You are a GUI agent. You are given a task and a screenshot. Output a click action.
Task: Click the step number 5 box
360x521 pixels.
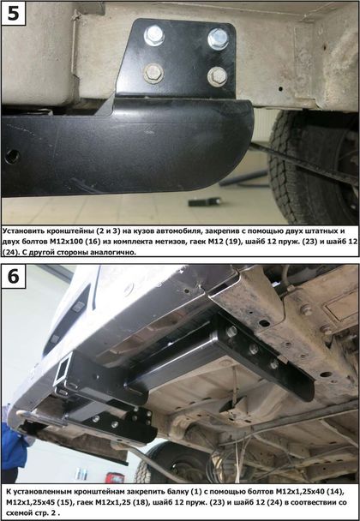pyautogui.click(x=14, y=14)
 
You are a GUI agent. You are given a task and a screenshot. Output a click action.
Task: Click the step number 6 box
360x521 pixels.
pyautogui.click(x=14, y=277)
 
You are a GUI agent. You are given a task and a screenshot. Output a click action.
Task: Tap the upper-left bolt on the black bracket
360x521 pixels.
pyautogui.click(x=154, y=36)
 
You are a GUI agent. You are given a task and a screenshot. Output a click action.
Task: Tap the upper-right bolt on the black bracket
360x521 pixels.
pyautogui.click(x=218, y=39)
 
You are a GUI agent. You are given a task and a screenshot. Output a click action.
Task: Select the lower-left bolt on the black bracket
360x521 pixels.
pyautogui.click(x=153, y=73)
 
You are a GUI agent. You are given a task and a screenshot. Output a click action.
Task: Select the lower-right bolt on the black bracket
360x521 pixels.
pyautogui.click(x=218, y=77)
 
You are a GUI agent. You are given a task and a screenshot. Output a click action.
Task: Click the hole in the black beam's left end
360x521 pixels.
pyautogui.click(x=12, y=156)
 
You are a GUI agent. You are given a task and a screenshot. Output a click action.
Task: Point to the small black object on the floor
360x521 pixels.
pyautogui.click(x=204, y=201)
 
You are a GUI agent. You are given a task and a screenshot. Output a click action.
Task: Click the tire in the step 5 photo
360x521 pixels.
pyautogui.click(x=314, y=166)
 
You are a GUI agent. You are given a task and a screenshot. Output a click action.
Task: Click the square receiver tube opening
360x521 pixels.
pyautogui.click(x=63, y=372)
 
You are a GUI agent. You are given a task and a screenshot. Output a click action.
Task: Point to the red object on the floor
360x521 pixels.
pyautogui.click(x=115, y=477)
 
